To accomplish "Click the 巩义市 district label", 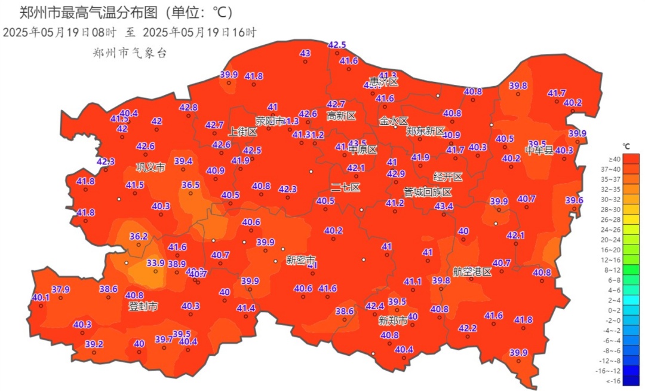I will pos(150,167).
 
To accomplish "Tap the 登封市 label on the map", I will pos(143,307).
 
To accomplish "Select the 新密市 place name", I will pos(301,260).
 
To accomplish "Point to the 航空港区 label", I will pos(472,272).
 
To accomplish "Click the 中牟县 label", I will pos(540,150).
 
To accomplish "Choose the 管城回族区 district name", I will pos(428,192).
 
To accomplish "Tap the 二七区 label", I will pos(346,187).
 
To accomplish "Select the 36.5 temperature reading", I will pos(191,185).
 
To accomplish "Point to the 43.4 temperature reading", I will pos(444,206).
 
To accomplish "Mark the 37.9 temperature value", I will pos(60,289).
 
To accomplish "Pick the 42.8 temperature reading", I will pos(188,108).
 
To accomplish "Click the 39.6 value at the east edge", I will pos(574,200).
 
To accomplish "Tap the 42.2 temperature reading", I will pos(467,328).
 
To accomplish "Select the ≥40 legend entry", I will pos(614,158).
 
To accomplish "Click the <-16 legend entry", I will pos(613,381).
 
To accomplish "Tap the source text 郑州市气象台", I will pos(130,53).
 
